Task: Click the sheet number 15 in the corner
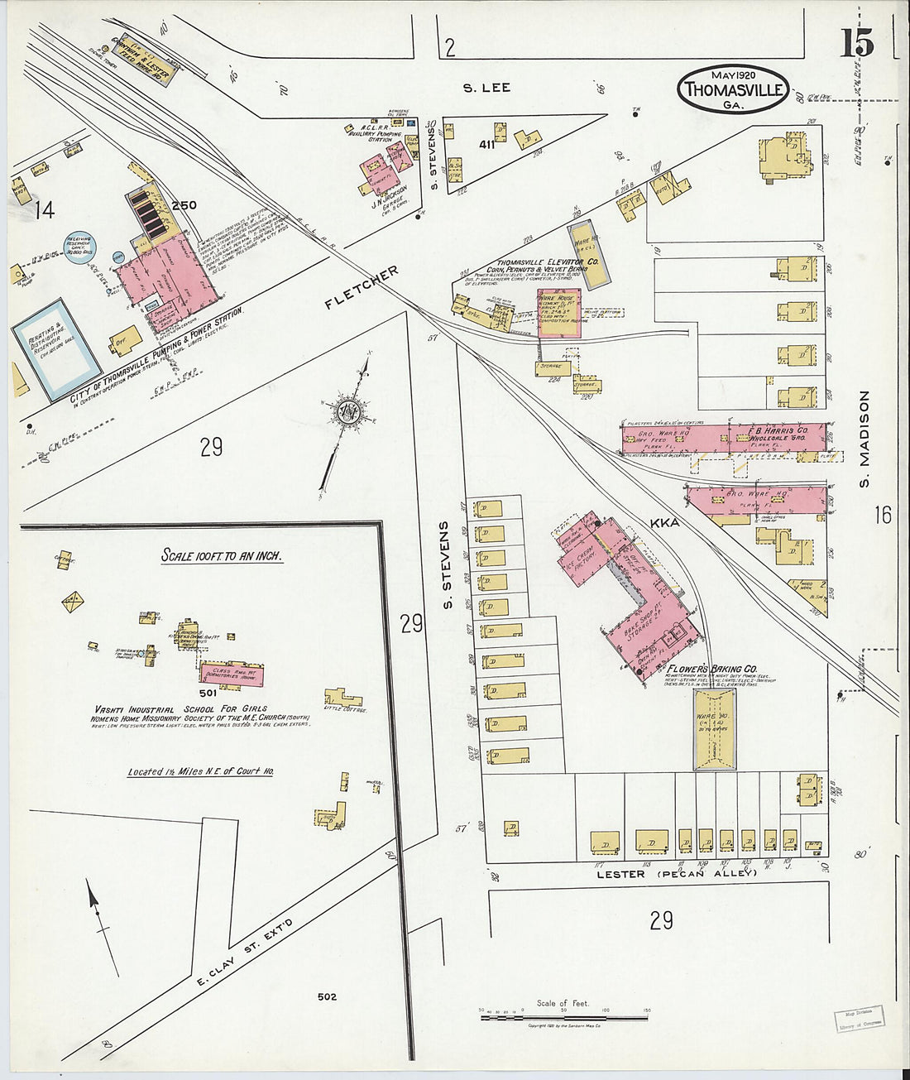[x=857, y=42]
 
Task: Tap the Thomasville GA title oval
[x=733, y=89]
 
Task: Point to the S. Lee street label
[x=486, y=87]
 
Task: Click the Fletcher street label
[x=362, y=287]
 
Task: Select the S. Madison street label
[x=864, y=439]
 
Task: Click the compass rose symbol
[x=345, y=412]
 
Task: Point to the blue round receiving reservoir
[x=81, y=247]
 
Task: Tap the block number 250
[x=184, y=204]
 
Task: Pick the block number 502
[x=327, y=996]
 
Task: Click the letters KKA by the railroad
[x=664, y=523]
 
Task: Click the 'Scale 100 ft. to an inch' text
[x=222, y=555]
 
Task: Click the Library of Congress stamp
[x=858, y=1017]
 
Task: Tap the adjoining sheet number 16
[x=883, y=515]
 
